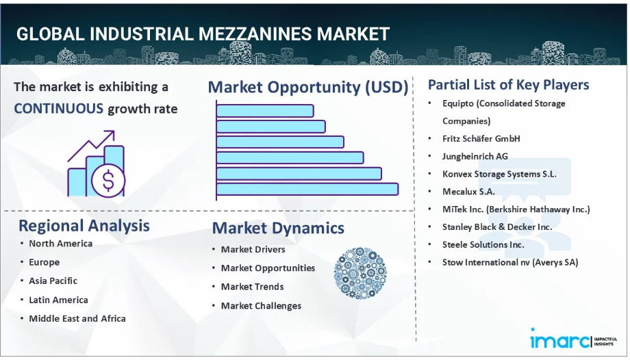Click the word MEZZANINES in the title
(x=255, y=34)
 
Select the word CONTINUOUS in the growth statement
(x=59, y=109)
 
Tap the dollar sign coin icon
(x=108, y=181)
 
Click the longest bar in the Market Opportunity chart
(x=307, y=190)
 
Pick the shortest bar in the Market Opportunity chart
(x=265, y=111)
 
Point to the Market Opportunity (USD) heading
(x=308, y=87)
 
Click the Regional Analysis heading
(x=84, y=227)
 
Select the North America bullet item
(x=61, y=244)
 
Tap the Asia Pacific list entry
(x=53, y=281)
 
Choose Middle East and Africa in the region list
(x=77, y=319)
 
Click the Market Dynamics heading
(x=278, y=228)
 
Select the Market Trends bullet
(x=252, y=287)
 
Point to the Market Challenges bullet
(x=261, y=306)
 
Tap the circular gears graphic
(x=360, y=273)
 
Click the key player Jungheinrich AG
(x=475, y=156)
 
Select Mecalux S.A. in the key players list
(x=468, y=192)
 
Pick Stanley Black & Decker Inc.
(x=497, y=227)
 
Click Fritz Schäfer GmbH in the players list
(x=481, y=139)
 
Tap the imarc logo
(x=574, y=339)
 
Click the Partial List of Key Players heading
(x=508, y=85)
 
